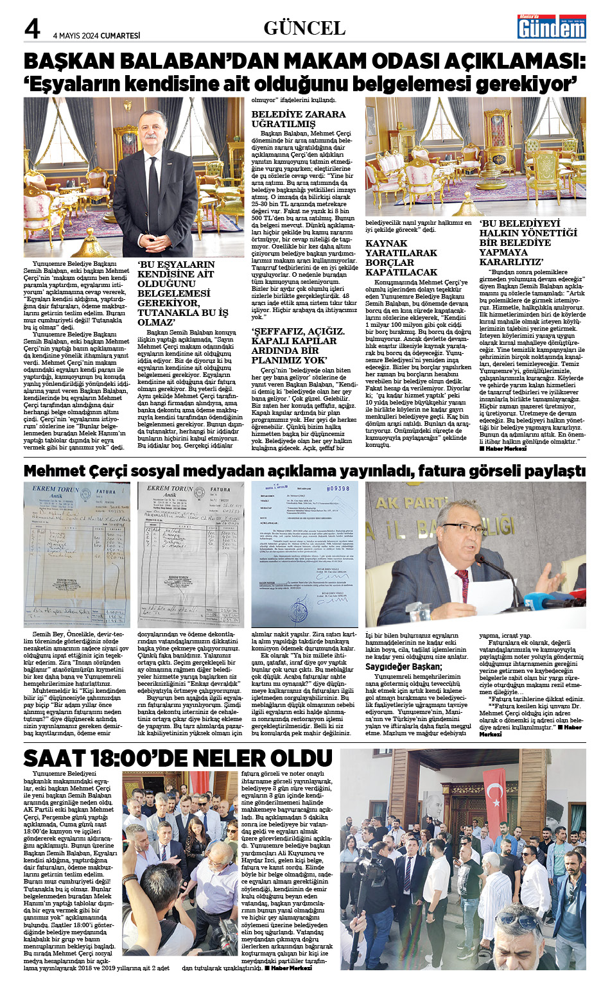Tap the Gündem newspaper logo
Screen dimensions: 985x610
[552, 27]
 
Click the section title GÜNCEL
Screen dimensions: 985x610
[304, 28]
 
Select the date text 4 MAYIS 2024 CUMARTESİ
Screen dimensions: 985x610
[96, 36]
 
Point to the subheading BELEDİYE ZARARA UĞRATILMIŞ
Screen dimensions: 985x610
[298, 119]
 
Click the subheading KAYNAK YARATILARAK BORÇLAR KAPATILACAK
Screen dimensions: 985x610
[401, 257]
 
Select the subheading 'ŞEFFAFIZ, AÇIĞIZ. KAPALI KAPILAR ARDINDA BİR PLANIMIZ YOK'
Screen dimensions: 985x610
[298, 345]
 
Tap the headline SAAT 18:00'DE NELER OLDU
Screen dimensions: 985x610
[168, 758]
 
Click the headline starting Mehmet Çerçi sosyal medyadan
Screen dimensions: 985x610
[304, 471]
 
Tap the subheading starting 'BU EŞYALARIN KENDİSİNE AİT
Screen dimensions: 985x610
[183, 293]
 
